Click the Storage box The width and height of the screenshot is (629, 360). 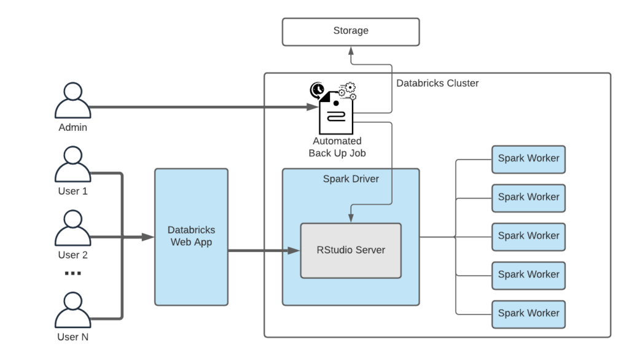pyautogui.click(x=350, y=31)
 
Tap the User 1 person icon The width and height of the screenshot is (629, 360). pyautogui.click(x=73, y=164)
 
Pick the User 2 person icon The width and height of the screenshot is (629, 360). pyautogui.click(x=73, y=228)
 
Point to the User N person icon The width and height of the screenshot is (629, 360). pyautogui.click(x=73, y=310)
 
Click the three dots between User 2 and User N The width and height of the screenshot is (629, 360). pyautogui.click(x=73, y=273)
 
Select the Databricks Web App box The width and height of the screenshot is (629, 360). pyautogui.click(x=191, y=237)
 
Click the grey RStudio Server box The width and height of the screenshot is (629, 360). pyautogui.click(x=350, y=250)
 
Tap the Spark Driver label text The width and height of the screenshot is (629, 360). pyautogui.click(x=350, y=179)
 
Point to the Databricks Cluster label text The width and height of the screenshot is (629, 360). pyautogui.click(x=437, y=83)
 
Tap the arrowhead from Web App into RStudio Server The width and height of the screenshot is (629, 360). pyautogui.click(x=294, y=251)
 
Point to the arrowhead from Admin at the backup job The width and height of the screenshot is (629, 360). pyautogui.click(x=312, y=107)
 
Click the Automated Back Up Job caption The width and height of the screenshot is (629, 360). pyautogui.click(x=337, y=147)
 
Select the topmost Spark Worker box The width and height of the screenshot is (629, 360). pyautogui.click(x=528, y=158)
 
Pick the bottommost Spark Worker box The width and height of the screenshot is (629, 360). pyautogui.click(x=528, y=313)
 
